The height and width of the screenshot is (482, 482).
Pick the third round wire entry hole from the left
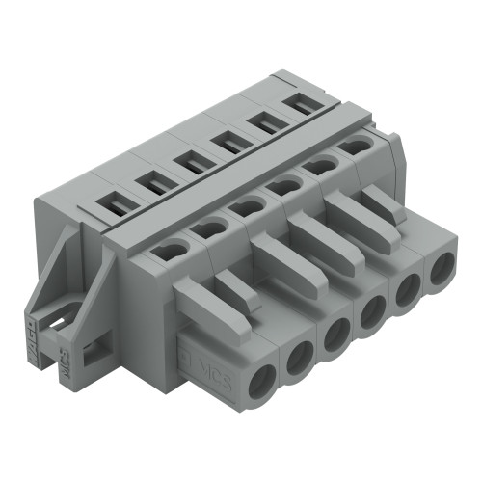335,336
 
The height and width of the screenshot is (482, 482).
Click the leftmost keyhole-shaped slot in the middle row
170,251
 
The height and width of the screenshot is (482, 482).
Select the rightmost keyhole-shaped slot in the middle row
356,147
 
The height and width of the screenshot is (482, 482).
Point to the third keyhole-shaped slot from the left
248,205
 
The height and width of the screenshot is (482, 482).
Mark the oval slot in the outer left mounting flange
55,313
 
